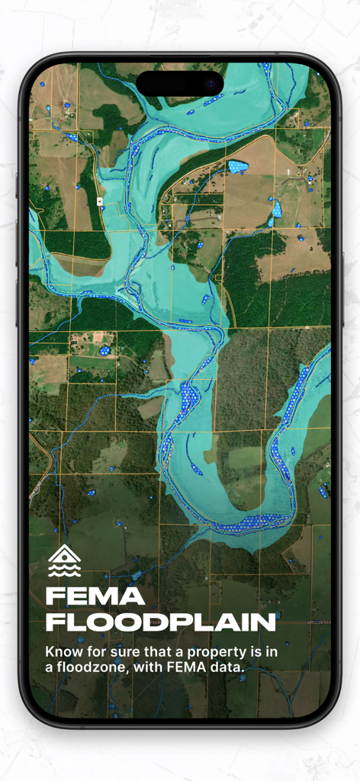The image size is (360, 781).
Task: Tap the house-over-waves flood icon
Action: [x=64, y=561]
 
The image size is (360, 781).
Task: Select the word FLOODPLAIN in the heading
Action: [x=160, y=622]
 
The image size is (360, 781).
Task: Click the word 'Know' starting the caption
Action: [x=63, y=652]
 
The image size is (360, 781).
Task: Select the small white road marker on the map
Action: [x=100, y=200]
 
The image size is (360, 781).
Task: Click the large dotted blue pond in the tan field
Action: [x=238, y=167]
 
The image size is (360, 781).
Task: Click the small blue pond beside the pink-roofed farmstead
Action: [x=104, y=351]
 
